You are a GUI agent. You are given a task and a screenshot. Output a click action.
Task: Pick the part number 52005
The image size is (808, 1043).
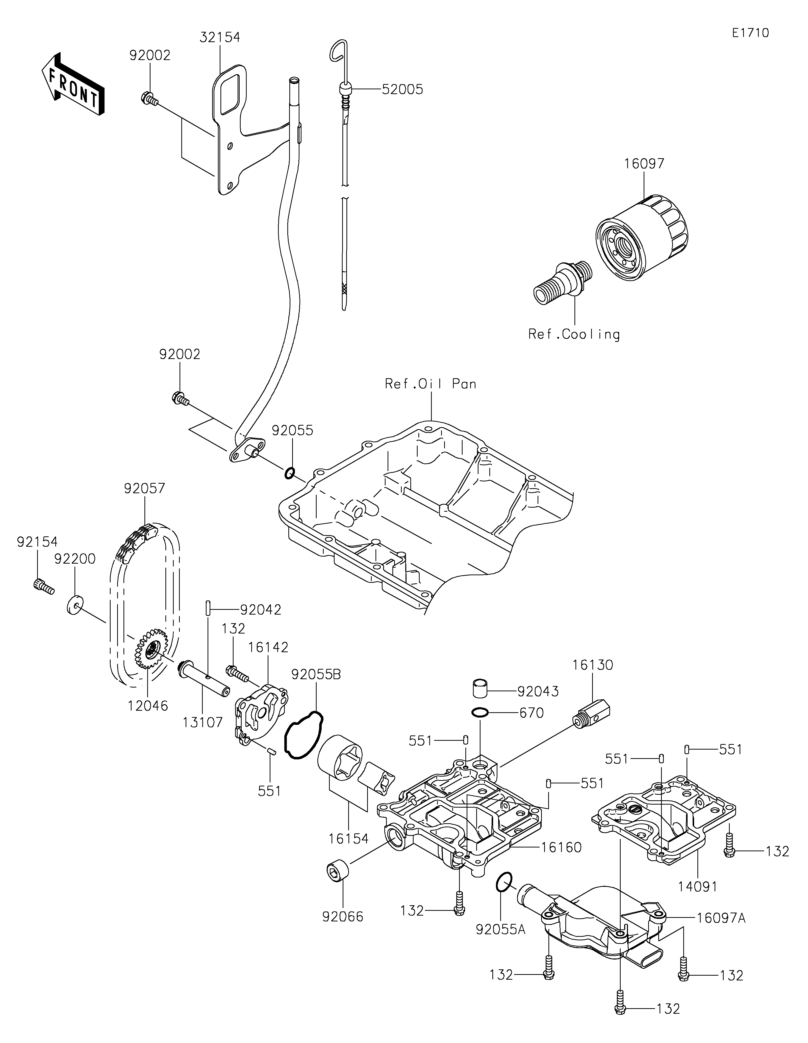402,89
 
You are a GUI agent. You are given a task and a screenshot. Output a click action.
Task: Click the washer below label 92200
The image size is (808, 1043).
73,605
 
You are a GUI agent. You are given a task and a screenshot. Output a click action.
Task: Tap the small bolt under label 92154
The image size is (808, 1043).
43,585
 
